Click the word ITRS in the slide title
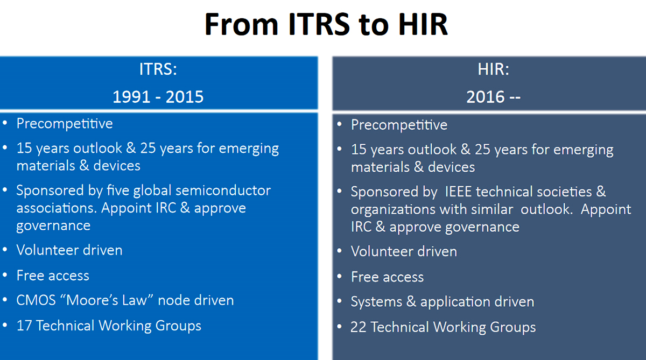coord(319,25)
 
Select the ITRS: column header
coord(158,69)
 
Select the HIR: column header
coord(494,69)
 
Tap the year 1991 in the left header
coord(131,97)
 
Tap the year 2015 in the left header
coord(185,97)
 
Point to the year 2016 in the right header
coord(486,97)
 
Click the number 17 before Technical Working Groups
coord(24,326)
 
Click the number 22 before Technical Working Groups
coord(359,327)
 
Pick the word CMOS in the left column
coord(36,300)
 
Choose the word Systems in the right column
coord(376,302)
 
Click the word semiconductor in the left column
coord(223,190)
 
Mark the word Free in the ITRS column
coord(30,276)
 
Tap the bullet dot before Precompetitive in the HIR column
coord(340,124)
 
